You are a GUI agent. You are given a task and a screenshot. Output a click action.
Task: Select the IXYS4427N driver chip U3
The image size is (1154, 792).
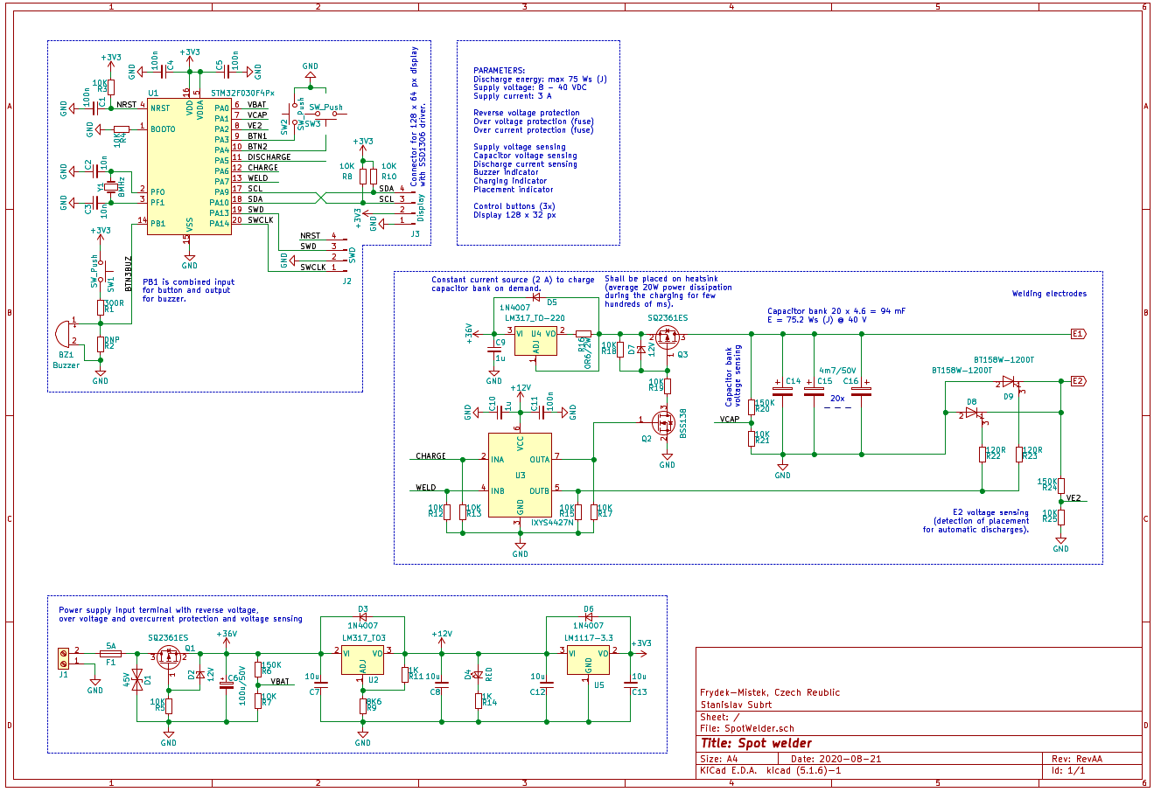pos(521,475)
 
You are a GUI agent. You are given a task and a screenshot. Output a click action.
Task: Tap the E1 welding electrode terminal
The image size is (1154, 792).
pos(1077,334)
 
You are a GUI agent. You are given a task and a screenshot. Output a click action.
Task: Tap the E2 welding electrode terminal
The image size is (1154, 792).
pos(1077,381)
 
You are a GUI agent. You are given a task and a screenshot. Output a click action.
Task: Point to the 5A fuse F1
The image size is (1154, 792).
pos(110,653)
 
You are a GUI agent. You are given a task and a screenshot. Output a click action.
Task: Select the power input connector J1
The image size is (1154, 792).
pos(63,657)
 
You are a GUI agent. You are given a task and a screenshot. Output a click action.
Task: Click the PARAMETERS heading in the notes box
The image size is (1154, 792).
pos(500,71)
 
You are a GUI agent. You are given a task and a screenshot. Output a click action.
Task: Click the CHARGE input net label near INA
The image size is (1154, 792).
pos(430,456)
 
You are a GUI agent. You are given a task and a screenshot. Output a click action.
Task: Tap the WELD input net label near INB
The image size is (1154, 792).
pos(426,488)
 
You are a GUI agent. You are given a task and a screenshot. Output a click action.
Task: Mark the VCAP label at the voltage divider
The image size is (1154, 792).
pos(730,420)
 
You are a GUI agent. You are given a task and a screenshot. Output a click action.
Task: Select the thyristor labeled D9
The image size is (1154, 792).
pos(1009,382)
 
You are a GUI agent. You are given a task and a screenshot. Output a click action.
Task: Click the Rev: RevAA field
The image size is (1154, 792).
pos(1076,759)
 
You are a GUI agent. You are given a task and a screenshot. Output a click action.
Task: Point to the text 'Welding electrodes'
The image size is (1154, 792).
pos(1049,294)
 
